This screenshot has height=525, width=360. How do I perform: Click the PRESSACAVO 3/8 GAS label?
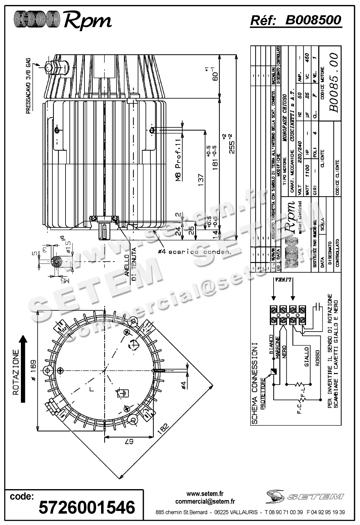click(x=28, y=85)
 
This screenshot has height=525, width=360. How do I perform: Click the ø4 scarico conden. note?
click(x=194, y=252)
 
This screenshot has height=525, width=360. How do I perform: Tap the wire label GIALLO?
click(x=307, y=357)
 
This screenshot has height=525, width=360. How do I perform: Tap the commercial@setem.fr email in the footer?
click(x=205, y=501)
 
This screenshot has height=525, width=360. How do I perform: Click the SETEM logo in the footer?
click(x=305, y=496)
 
